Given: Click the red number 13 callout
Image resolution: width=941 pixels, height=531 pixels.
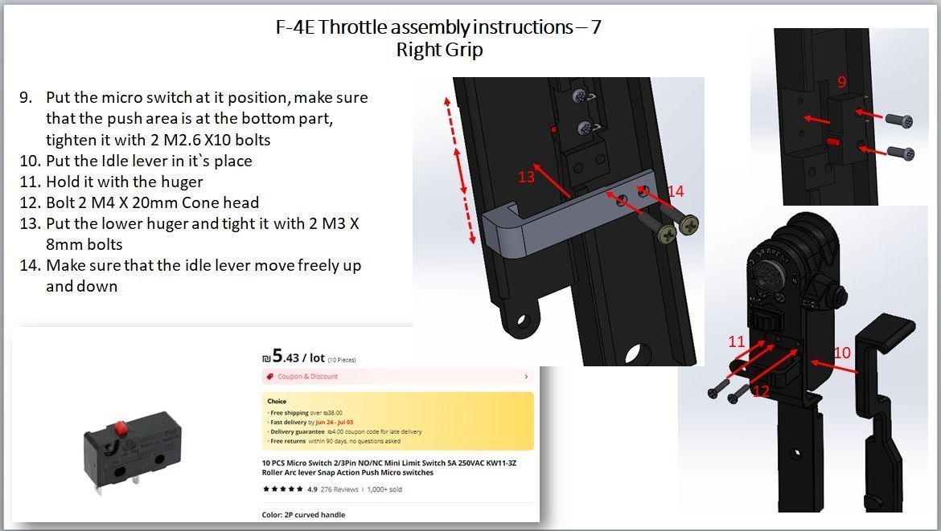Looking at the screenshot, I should tap(526, 176).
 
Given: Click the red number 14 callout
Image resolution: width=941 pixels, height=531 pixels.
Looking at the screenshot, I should tap(676, 191).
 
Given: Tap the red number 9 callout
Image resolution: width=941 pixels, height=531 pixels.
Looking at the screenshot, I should tap(841, 82).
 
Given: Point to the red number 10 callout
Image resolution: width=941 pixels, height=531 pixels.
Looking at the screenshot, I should tap(841, 353).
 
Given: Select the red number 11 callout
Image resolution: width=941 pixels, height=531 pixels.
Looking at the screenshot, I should tap(737, 342).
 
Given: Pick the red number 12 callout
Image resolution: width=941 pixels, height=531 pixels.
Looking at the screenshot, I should tap(761, 391).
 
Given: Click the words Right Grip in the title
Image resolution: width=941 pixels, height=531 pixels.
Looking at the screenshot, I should tap(439, 50).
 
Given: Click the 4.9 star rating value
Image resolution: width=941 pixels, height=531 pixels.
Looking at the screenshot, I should tap(312, 489).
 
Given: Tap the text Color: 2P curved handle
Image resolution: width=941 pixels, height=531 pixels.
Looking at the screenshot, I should tap(303, 515).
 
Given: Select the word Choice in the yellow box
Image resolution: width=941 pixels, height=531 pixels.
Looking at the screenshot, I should tap(277, 401).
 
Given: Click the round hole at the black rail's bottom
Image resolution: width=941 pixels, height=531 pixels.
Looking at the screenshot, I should tap(639, 354).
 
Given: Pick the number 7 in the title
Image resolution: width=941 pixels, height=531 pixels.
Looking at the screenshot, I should tap(595, 27).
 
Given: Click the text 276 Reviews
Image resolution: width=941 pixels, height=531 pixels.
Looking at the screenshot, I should tap(339, 489).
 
